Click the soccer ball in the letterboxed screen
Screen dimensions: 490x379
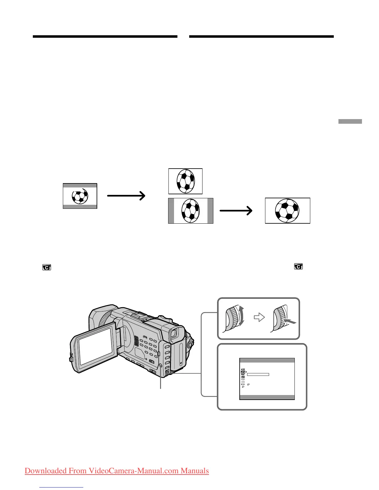pos(80,196)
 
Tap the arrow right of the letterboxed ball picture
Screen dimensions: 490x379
pos(126,196)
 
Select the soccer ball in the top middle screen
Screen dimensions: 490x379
pos(185,181)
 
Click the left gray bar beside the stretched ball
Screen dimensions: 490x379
pos(171,211)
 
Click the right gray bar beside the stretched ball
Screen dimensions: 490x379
pos(210,211)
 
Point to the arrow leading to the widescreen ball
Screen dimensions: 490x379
pos(236,211)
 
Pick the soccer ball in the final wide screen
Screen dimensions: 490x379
pos(287,211)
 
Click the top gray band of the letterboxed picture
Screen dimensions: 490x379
pos(80,186)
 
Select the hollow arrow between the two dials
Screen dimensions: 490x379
pos(259,317)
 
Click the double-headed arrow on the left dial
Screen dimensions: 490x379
pos(241,316)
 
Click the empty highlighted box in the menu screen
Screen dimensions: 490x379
pos(258,374)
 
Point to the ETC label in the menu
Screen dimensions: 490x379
pos(243,384)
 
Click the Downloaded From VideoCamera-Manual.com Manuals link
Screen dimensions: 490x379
pos(117,471)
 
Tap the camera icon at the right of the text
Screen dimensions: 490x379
pos(298,266)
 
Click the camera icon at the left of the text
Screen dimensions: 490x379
pos(46,267)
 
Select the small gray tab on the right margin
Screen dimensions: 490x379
pos(350,122)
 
